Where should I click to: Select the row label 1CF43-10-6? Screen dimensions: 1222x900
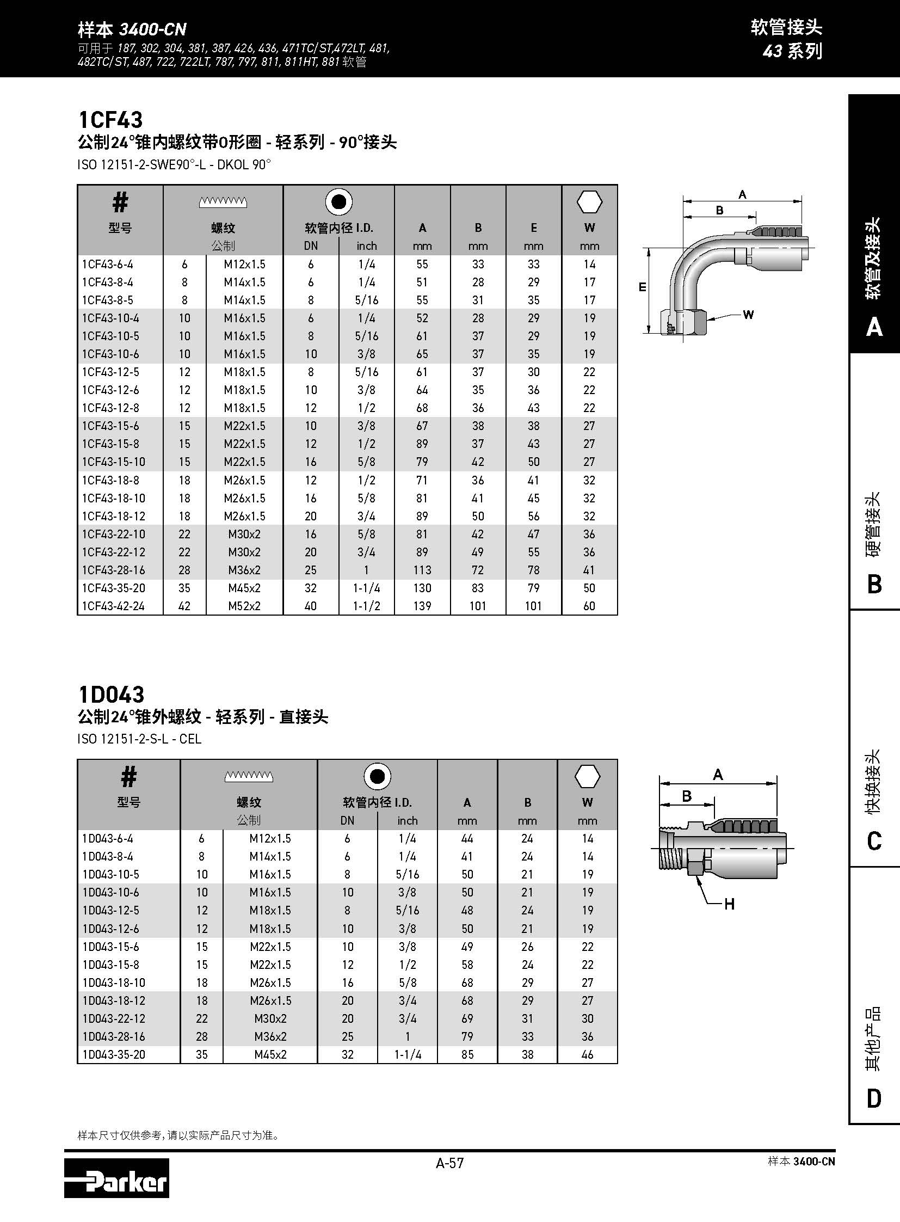(110, 354)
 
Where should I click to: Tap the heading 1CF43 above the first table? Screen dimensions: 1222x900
(110, 119)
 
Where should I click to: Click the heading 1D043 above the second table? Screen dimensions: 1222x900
(112, 695)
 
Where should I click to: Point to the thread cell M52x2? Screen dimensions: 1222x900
(245, 606)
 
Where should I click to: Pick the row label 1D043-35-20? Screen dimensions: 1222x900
(115, 1055)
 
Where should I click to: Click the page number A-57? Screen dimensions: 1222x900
(449, 1163)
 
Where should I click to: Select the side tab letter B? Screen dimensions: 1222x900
(874, 585)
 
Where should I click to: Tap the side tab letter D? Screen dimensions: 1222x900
(874, 1099)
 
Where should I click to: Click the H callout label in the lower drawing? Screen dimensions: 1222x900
(730, 905)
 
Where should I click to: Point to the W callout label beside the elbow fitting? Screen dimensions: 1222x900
(749, 315)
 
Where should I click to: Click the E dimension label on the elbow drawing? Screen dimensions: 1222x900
(642, 287)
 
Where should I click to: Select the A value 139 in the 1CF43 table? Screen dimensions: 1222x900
(422, 606)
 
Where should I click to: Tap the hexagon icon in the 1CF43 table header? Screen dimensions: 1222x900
(589, 202)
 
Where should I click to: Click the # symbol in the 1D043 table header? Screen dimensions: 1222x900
(128, 777)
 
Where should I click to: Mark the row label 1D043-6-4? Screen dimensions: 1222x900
(108, 839)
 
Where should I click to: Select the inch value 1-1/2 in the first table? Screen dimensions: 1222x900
(366, 606)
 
